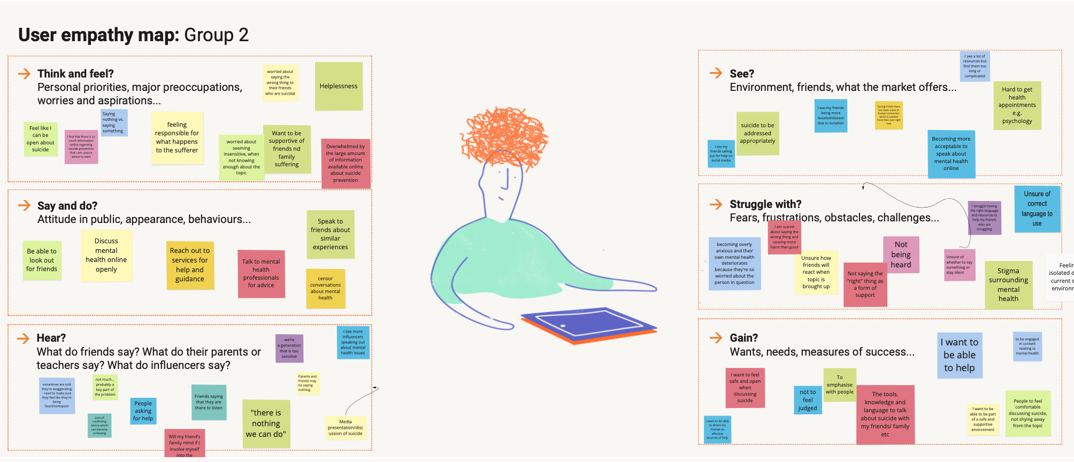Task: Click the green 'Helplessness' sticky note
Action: click(339, 86)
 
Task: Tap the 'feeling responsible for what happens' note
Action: click(177, 138)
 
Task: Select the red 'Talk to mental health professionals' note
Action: click(261, 274)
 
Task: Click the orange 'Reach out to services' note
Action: click(190, 265)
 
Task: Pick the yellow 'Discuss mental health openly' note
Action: click(106, 256)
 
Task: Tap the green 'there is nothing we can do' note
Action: click(266, 423)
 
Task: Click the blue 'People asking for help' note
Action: click(143, 411)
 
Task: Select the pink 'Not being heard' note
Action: click(901, 255)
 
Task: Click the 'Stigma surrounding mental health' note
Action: click(1008, 285)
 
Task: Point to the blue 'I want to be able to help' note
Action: click(959, 355)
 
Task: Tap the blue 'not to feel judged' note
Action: click(808, 400)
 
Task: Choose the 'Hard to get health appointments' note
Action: click(1017, 105)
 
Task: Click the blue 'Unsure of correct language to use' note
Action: click(1037, 209)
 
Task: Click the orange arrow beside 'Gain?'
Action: click(716, 337)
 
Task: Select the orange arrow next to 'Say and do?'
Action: click(24, 205)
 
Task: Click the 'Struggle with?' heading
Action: click(765, 204)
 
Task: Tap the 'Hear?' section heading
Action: click(51, 338)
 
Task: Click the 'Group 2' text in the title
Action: click(216, 35)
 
